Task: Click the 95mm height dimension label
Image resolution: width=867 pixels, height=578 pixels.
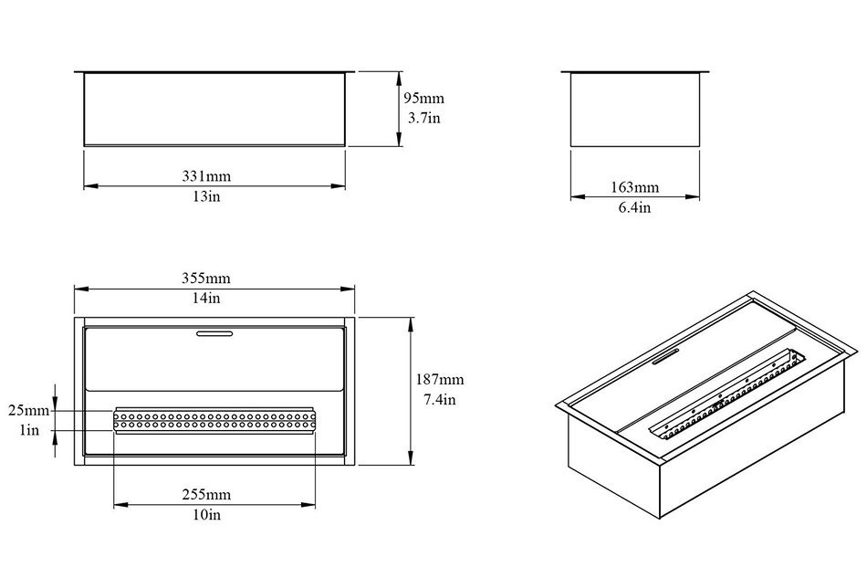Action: point(423,99)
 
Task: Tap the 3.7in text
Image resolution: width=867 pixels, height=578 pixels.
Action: point(424,118)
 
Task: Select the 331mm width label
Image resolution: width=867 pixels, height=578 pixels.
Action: point(206,176)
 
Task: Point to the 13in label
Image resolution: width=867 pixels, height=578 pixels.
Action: point(206,196)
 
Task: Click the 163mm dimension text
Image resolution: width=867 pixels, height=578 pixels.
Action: point(635,187)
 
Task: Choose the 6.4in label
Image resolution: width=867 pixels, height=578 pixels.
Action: point(634,207)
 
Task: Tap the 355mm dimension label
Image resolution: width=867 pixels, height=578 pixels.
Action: point(206,278)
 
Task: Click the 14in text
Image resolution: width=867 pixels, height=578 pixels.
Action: point(206,298)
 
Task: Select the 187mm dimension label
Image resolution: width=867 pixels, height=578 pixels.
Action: point(440,380)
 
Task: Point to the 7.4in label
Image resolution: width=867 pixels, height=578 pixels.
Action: point(440,399)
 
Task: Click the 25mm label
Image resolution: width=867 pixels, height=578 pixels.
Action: point(29,410)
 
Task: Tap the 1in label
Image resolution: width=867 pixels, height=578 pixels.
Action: point(29,430)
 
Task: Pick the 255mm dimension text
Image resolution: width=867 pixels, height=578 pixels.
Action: point(207,495)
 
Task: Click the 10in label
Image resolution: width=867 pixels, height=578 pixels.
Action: point(207,514)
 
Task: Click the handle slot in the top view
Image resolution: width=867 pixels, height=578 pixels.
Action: point(214,333)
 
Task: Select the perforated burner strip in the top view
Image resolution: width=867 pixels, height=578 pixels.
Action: point(214,420)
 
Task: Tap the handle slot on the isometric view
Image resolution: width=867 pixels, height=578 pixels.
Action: point(666,357)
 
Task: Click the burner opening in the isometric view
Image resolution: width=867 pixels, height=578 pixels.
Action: point(727,394)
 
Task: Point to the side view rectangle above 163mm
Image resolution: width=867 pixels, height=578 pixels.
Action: point(635,109)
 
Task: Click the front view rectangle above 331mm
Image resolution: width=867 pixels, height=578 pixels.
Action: point(214,109)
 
